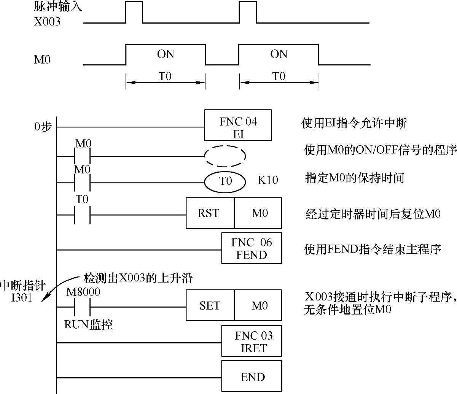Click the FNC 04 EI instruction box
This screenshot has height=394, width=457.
tap(238, 126)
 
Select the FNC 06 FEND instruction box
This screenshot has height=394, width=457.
tap(252, 248)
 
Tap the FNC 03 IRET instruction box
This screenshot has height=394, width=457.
tap(252, 341)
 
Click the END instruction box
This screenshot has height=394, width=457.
tap(252, 377)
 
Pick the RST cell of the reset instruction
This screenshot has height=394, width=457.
tap(210, 213)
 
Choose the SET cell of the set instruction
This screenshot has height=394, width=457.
tap(210, 305)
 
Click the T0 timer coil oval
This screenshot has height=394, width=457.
tap(225, 181)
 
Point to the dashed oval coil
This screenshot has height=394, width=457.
tap(225, 156)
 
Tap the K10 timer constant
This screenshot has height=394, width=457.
tap(268, 180)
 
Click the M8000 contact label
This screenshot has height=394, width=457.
tap(83, 292)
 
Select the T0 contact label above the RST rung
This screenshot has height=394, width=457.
tap(82, 200)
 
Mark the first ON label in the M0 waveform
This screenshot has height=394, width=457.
tap(166, 54)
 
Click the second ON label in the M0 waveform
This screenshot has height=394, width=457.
tap(279, 54)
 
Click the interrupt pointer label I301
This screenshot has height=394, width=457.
tap(22, 297)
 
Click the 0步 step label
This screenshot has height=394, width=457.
tap(43, 127)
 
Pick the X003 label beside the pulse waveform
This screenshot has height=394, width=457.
tap(47, 22)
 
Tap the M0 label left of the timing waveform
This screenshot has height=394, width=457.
tap(42, 60)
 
